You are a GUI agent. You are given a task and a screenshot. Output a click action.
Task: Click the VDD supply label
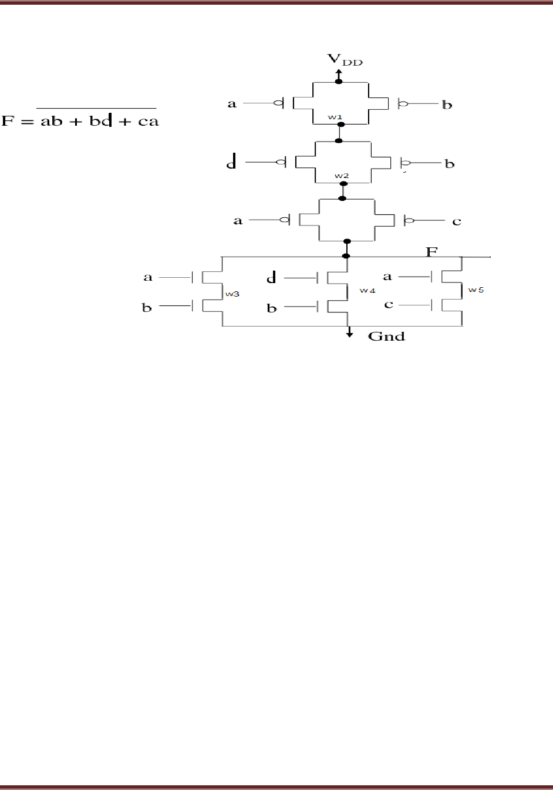[x=345, y=60]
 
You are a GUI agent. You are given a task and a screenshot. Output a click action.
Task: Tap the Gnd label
[x=386, y=337]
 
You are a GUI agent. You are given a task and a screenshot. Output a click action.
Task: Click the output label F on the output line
[x=431, y=251]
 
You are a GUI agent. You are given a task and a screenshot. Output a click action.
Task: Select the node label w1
[x=335, y=117]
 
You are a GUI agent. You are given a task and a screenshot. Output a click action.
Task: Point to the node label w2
[x=342, y=176]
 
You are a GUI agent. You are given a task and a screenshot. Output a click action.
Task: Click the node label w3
[x=232, y=293]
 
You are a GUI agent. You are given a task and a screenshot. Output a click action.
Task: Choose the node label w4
[x=367, y=291]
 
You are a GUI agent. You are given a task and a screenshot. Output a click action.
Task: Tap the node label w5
[x=476, y=290]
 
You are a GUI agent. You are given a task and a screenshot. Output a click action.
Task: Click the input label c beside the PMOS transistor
[x=456, y=221]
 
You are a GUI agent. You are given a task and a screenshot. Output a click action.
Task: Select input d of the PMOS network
[x=232, y=162]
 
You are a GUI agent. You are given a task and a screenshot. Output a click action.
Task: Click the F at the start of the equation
[x=8, y=122]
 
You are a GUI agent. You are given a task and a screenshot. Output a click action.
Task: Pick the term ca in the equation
[x=146, y=122]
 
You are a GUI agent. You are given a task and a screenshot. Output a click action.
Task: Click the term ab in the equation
[x=51, y=122]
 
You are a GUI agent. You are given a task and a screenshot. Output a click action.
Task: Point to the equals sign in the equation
[x=26, y=122]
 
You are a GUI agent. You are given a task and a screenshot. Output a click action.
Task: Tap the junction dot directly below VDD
[x=339, y=81]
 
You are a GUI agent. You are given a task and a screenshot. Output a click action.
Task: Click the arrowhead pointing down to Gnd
[x=349, y=334]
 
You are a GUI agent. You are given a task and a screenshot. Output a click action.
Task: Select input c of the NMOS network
[x=389, y=305]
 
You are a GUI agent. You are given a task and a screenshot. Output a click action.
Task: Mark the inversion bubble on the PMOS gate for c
[x=410, y=221]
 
